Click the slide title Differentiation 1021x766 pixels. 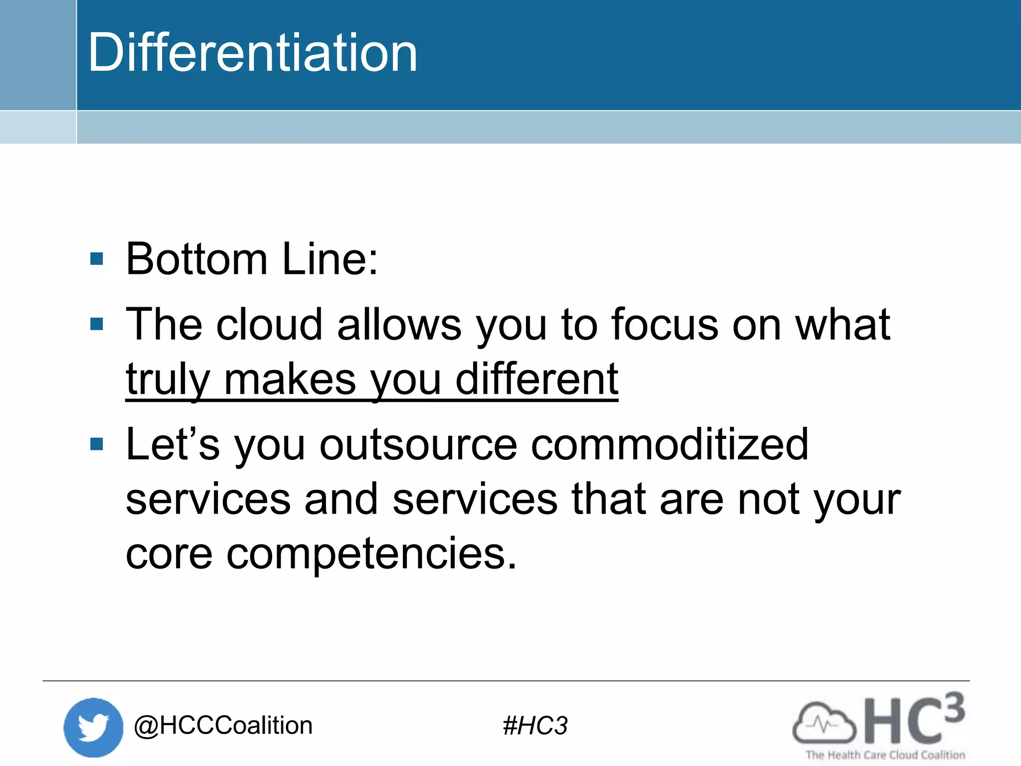[252, 52]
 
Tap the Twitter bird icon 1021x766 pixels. [93, 727]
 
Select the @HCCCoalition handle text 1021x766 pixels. [223, 725]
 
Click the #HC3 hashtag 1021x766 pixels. [535, 726]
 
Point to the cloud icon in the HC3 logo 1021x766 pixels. [824, 723]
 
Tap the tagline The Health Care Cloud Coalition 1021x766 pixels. [885, 755]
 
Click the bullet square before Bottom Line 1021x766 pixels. [97, 258]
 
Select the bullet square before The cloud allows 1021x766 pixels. [97, 324]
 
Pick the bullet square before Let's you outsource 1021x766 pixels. [97, 444]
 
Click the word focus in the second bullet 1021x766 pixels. [665, 325]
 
